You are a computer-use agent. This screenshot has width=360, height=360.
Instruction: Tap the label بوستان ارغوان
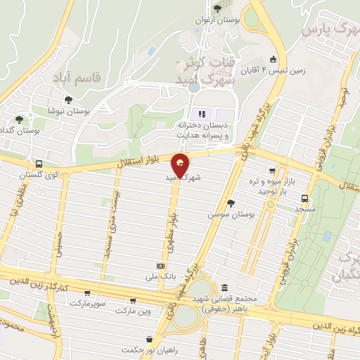(x=218, y=20)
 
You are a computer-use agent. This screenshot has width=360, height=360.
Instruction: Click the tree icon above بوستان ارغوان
(x=217, y=8)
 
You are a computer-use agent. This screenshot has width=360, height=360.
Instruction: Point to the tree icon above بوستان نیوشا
(x=67, y=100)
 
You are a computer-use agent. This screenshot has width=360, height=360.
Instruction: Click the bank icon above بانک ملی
(x=160, y=266)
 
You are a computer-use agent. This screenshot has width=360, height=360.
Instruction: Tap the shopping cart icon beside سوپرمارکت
(x=86, y=293)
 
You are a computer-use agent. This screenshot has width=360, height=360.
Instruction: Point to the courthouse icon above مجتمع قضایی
(x=224, y=288)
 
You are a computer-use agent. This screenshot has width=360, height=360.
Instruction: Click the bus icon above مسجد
(x=304, y=198)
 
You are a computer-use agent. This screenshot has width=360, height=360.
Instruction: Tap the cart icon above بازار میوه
(x=271, y=170)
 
